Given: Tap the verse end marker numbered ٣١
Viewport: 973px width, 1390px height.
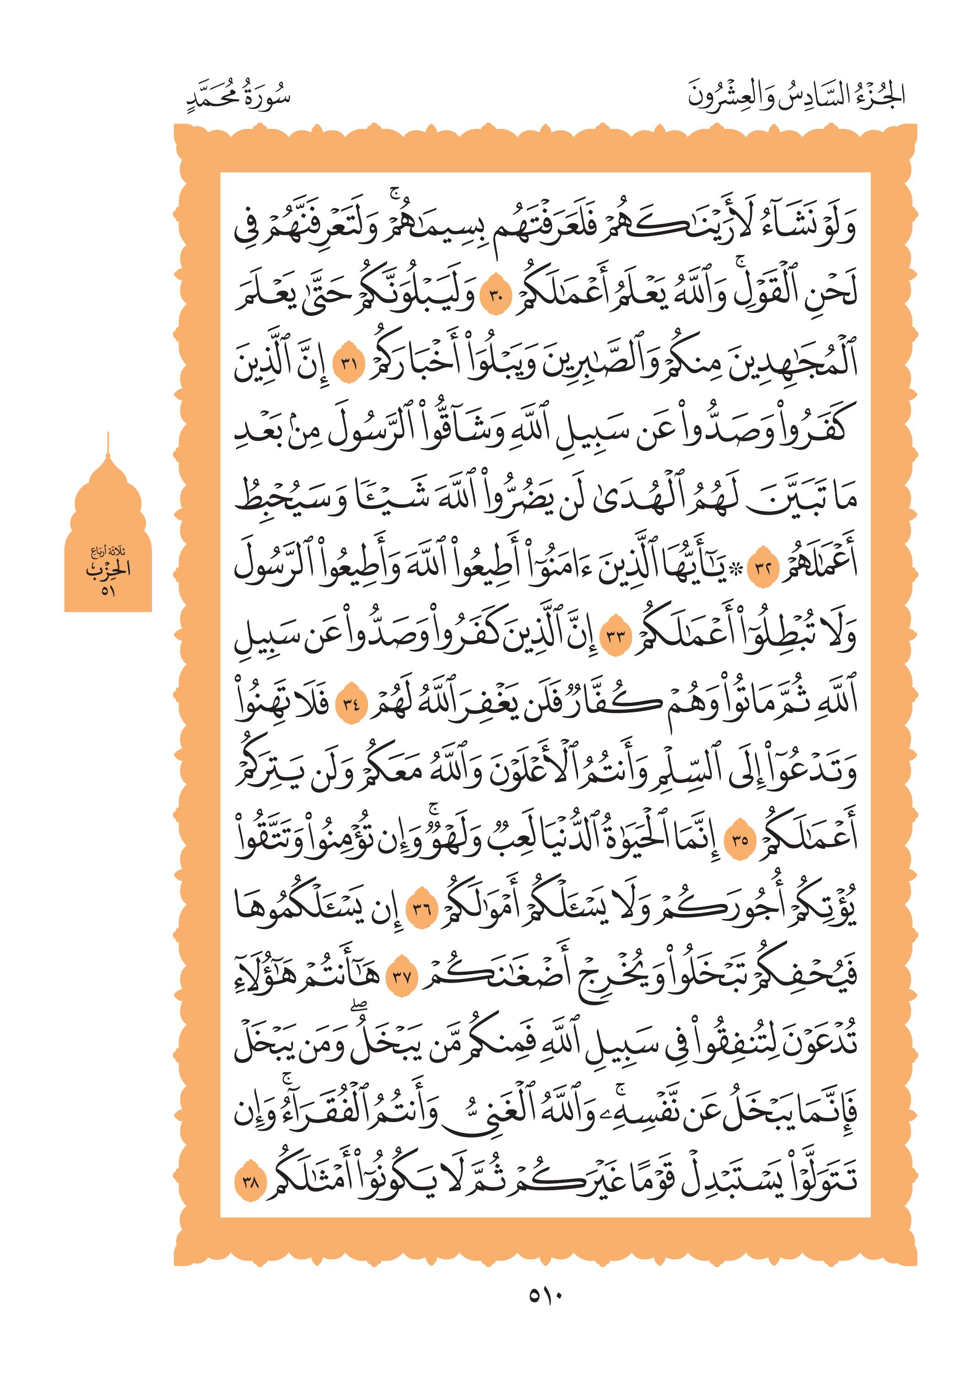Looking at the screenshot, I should (x=348, y=364).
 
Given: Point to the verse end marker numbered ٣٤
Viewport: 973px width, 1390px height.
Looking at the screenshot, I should (x=351, y=704).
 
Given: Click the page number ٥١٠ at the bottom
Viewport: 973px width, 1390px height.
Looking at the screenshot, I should (x=545, y=1295).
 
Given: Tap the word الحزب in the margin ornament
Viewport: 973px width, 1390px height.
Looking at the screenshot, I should (x=108, y=569).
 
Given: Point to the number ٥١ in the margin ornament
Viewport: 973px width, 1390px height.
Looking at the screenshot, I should (x=108, y=590).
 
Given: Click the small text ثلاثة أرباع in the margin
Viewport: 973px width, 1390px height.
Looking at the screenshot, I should (x=108, y=551).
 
